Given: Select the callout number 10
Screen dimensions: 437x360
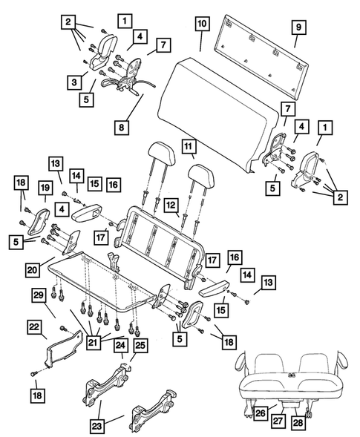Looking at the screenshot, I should click(x=201, y=24).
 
